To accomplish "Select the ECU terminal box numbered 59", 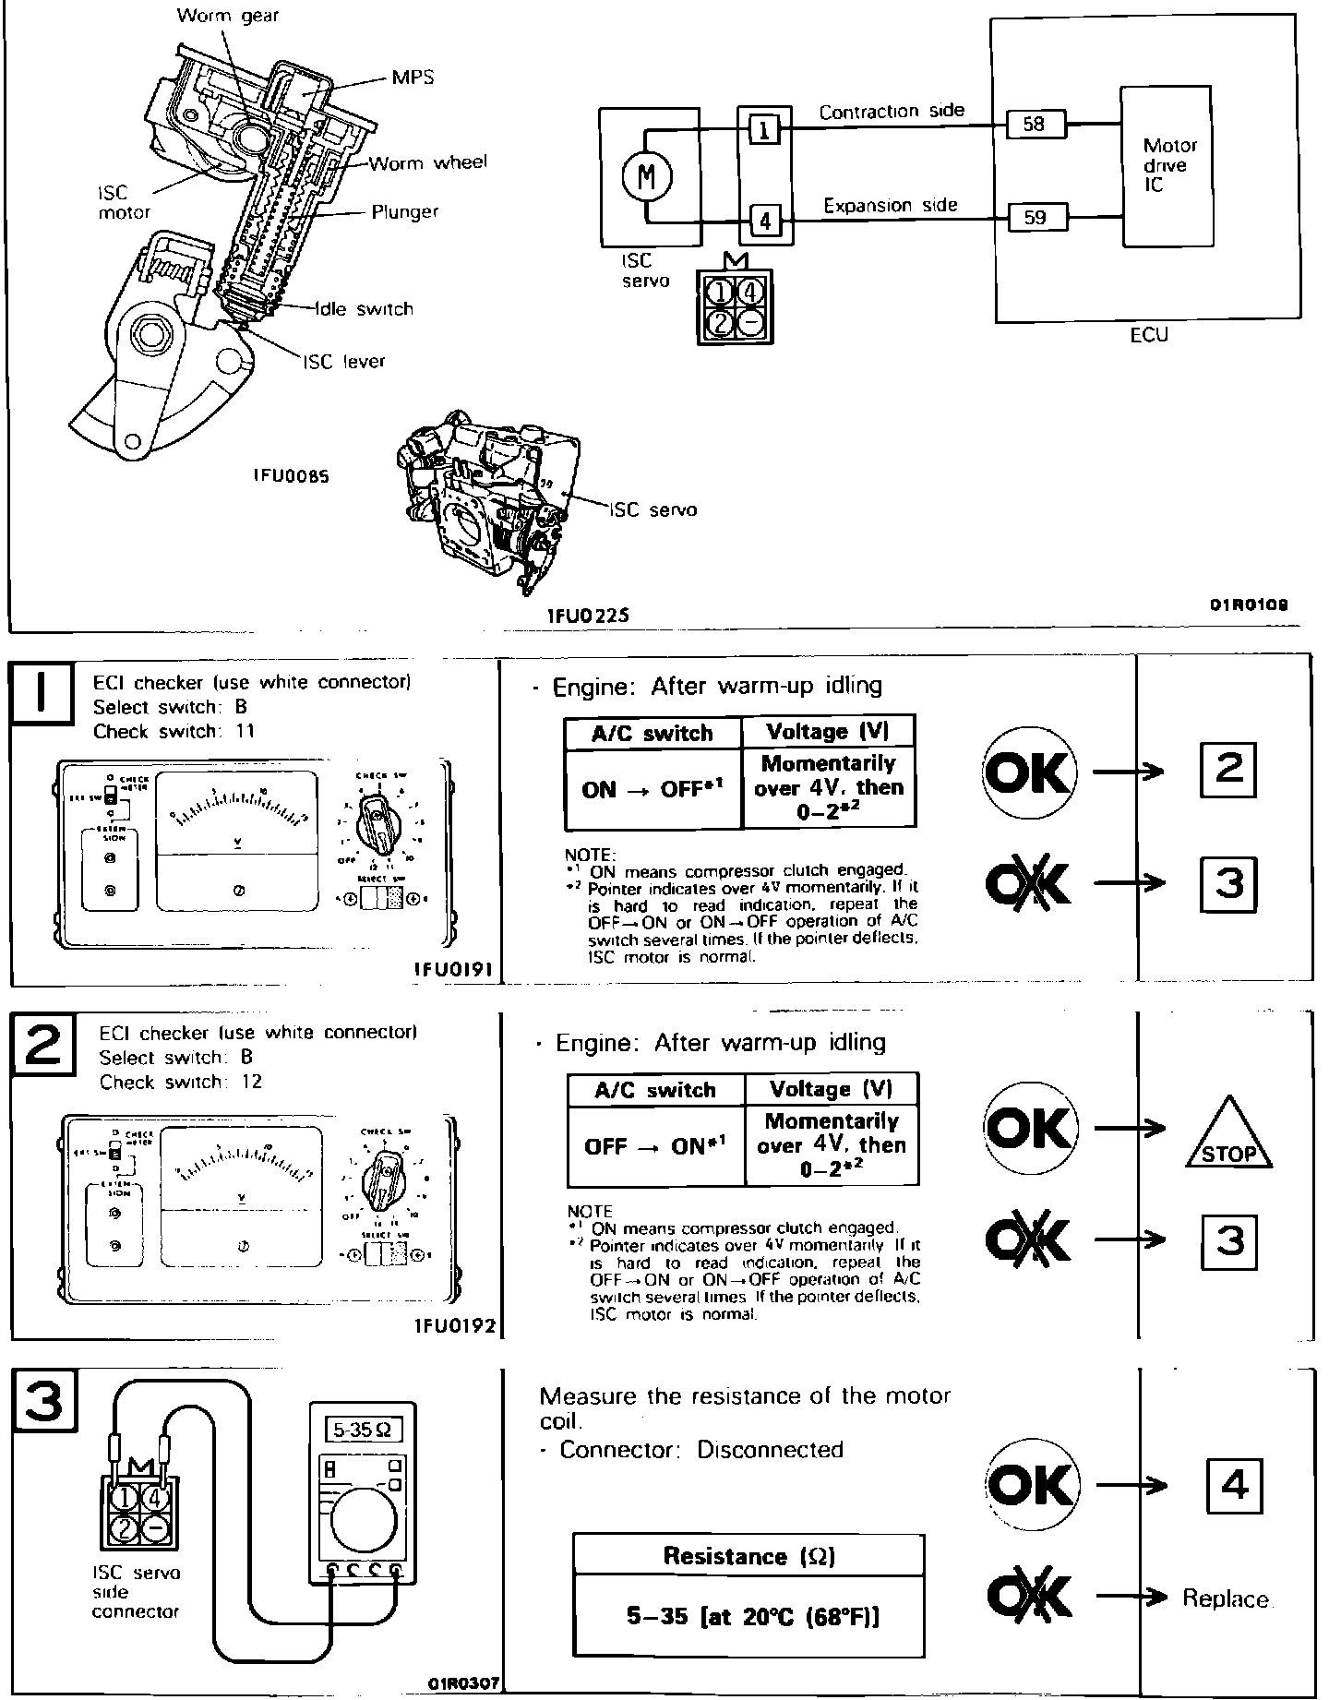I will (1036, 218).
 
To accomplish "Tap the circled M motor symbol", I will (647, 175).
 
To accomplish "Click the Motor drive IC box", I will (1167, 166).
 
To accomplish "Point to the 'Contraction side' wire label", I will (892, 111).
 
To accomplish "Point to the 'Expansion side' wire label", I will (891, 205).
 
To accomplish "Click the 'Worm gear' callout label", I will (227, 16).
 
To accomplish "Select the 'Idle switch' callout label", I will (364, 309).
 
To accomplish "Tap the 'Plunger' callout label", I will (404, 212).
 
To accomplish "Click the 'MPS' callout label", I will (413, 78).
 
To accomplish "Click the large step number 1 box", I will (42, 693).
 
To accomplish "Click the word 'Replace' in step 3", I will (1226, 1598).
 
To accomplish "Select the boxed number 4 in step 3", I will (1234, 1486).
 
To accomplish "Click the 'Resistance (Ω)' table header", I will (748, 1556).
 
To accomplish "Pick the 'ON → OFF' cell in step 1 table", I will (653, 791).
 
